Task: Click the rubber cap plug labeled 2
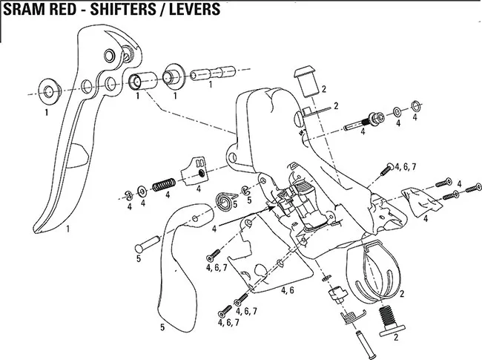[x=306, y=78]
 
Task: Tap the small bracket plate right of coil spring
[x=199, y=171]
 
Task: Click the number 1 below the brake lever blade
[x=67, y=229]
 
